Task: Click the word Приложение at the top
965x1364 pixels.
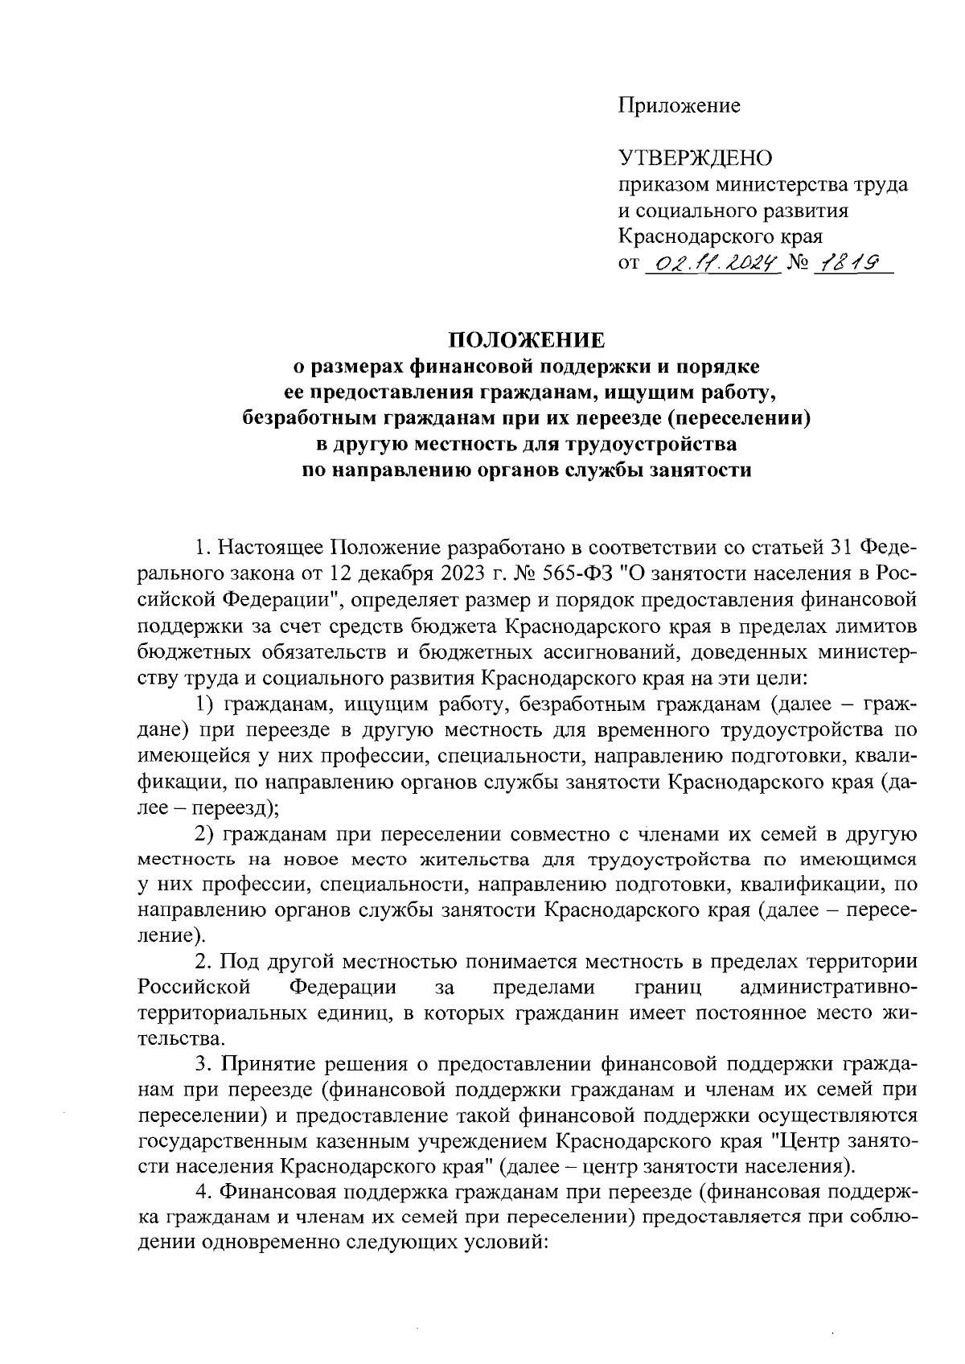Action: pos(679,105)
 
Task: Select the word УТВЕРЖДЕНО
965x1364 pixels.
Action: pos(694,158)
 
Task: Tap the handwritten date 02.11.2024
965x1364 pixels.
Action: pos(712,263)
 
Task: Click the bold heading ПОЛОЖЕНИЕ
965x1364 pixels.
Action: pos(525,340)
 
